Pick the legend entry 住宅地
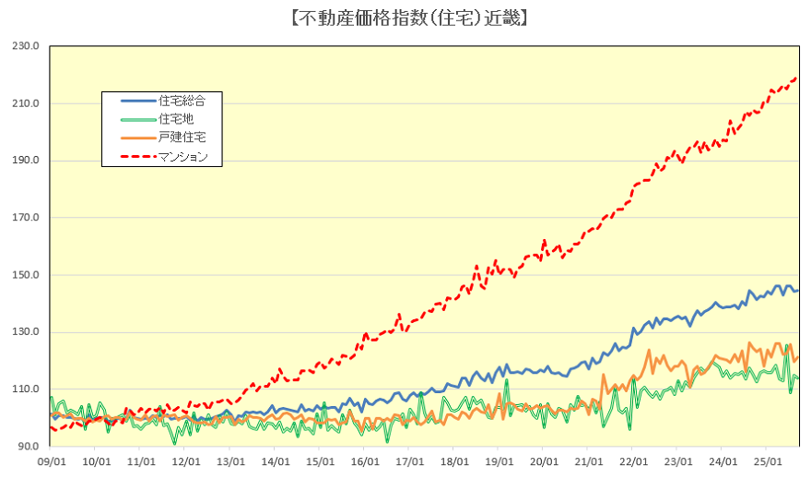pyautogui.click(x=173, y=119)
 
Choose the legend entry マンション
pyautogui.click(x=182, y=157)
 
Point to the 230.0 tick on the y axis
pyautogui.click(x=25, y=46)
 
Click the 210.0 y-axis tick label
pyautogui.click(x=25, y=103)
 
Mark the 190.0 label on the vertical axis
pyautogui.click(x=25, y=161)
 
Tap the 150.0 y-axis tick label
pyautogui.click(x=25, y=275)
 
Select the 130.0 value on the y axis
pyautogui.click(x=25, y=332)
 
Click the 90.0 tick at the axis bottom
pyautogui.click(x=28, y=447)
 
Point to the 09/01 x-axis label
pyautogui.click(x=51, y=460)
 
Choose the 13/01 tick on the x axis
pyautogui.click(x=230, y=460)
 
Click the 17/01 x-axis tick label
pyautogui.click(x=409, y=460)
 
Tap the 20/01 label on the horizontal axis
pyautogui.click(x=544, y=460)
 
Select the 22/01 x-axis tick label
pyautogui.click(x=634, y=460)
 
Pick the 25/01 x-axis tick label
pyautogui.click(x=769, y=460)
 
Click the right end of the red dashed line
pyautogui.click(x=797, y=78)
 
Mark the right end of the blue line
pyautogui.click(x=798, y=291)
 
